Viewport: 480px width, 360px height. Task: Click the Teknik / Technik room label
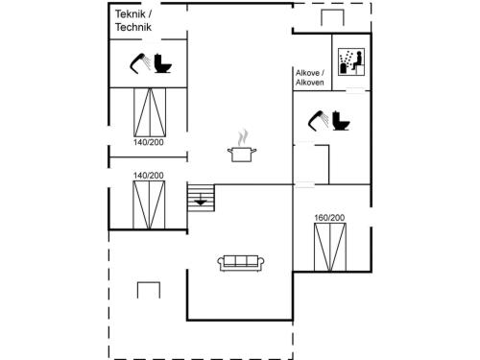(x=133, y=20)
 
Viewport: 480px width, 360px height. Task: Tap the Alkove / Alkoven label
(x=310, y=78)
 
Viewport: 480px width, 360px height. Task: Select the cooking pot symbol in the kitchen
(x=242, y=155)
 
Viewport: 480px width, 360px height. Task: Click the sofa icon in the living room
(x=241, y=263)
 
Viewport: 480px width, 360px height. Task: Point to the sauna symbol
(x=351, y=62)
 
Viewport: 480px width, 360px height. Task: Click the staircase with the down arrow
(x=201, y=198)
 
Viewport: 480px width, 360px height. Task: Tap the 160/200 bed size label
(x=329, y=218)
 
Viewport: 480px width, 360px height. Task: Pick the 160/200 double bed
(x=330, y=247)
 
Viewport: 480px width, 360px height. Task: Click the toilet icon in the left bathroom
(x=163, y=63)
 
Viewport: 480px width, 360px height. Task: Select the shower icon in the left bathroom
(x=140, y=62)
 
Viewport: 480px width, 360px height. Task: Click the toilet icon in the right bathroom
(x=341, y=121)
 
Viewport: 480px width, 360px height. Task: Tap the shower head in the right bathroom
(x=319, y=120)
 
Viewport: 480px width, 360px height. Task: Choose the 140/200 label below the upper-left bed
(x=149, y=142)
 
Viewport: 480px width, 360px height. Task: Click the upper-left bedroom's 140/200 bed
(x=150, y=112)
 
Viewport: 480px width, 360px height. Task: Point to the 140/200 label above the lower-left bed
(x=149, y=176)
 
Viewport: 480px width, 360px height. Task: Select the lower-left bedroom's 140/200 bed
(x=149, y=204)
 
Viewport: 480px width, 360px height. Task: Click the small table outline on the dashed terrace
(x=149, y=282)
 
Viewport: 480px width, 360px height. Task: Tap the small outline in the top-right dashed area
(x=332, y=11)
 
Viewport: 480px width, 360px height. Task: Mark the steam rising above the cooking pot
(x=243, y=137)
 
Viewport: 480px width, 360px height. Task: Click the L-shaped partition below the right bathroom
(x=328, y=164)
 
